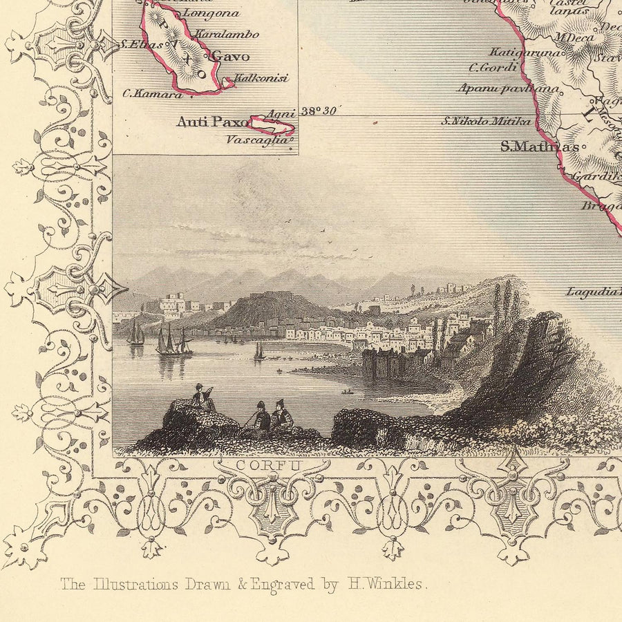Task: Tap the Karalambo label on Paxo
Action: pyautogui.click(x=227, y=34)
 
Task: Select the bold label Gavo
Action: pyautogui.click(x=230, y=57)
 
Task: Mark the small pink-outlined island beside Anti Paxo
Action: pyautogui.click(x=272, y=125)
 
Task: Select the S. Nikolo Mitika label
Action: pyautogui.click(x=487, y=122)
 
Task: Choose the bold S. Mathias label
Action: pyautogui.click(x=529, y=147)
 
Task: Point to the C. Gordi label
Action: pyautogui.click(x=493, y=67)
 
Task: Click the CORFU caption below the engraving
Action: pyautogui.click(x=270, y=465)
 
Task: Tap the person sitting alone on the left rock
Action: pyautogui.click(x=202, y=397)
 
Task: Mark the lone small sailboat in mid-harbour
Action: pyautogui.click(x=258, y=352)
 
